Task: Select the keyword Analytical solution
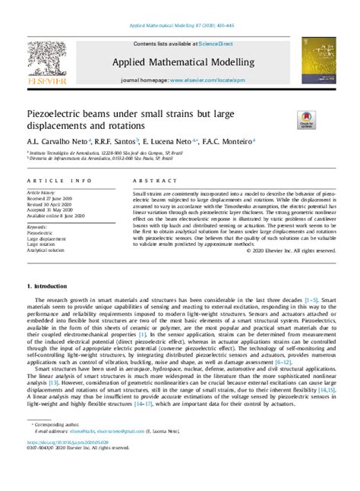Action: [x=46, y=249]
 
